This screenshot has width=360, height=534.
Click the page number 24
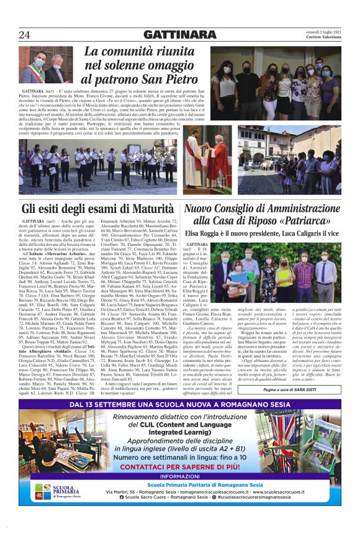[25, 34]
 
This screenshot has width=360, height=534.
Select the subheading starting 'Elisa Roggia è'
[261, 233]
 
